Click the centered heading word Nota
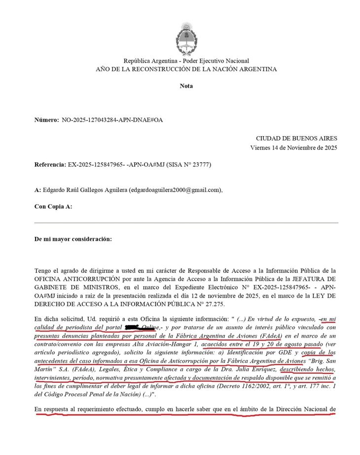186,86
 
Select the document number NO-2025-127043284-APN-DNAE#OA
112,120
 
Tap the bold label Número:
46,120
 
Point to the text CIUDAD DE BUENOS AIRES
296,139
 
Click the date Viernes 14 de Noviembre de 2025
294,148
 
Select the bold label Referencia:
50,164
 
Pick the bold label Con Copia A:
53,206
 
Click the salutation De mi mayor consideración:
73,239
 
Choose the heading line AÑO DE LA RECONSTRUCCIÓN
186,69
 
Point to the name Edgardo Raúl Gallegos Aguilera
85,190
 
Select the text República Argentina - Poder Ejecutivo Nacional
186,61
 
